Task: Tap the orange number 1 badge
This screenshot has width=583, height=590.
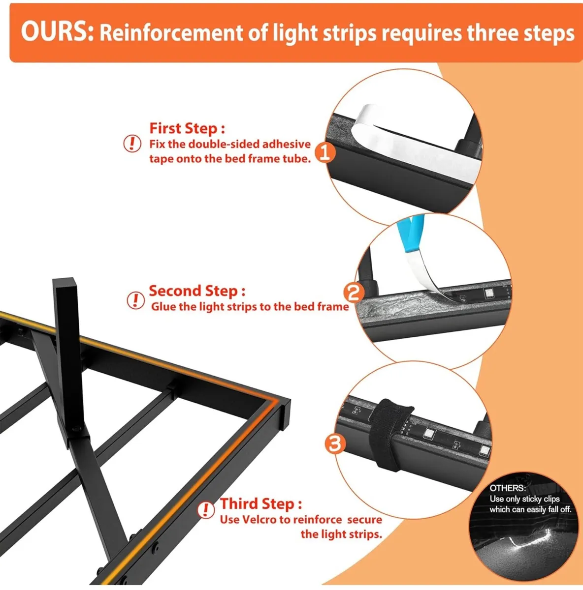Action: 325,152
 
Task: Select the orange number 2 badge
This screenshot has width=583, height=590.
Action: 354,294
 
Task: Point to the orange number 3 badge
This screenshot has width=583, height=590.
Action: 334,444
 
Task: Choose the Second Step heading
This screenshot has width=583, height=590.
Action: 197,291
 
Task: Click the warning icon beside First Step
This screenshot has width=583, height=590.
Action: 131,144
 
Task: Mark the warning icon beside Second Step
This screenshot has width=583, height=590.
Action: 135,300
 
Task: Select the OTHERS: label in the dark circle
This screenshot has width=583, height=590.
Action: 507,488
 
